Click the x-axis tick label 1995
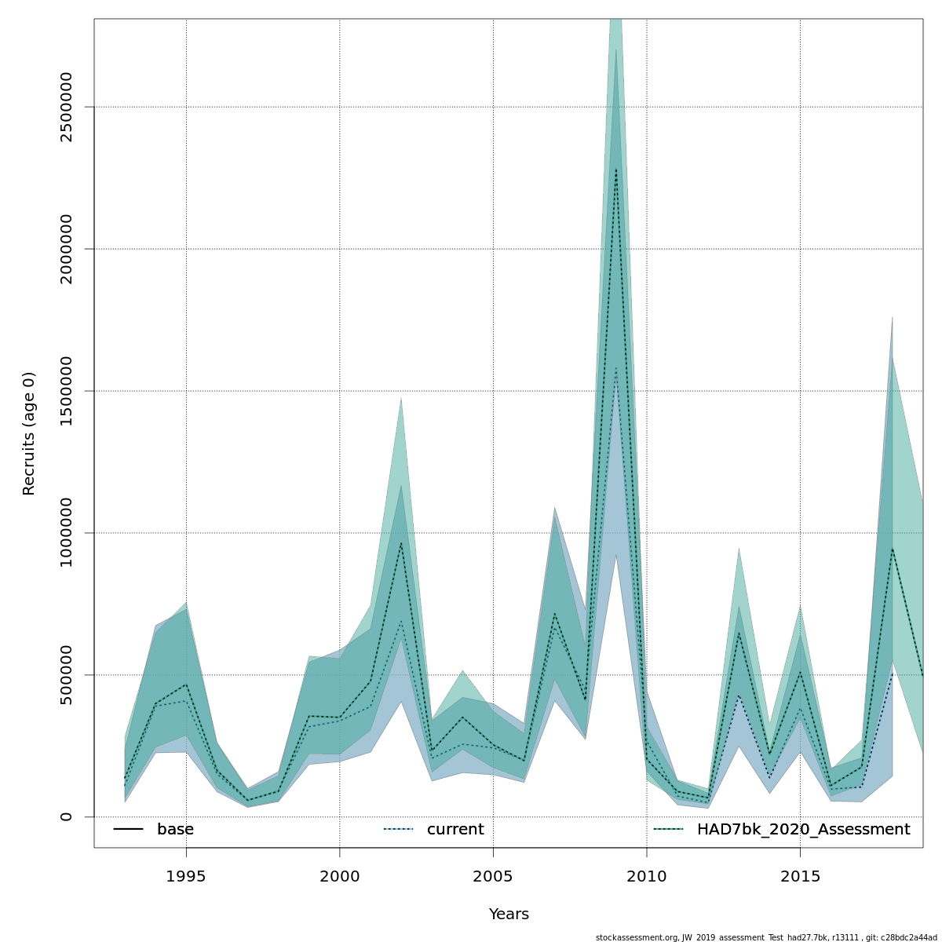(186, 876)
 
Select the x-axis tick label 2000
(339, 876)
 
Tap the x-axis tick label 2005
(493, 876)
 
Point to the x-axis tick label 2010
(647, 876)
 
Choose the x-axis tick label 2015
(800, 876)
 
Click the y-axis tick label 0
(66, 816)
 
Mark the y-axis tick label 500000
(66, 675)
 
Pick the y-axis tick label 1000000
(66, 533)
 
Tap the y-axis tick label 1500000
(66, 391)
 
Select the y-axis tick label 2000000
(66, 249)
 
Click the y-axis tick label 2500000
(66, 107)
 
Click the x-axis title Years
(509, 915)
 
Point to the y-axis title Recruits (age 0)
(29, 433)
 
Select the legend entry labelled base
(175, 830)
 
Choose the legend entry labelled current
(455, 830)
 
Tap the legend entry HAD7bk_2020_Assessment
(803, 830)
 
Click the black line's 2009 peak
(616, 169)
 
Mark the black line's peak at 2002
(401, 542)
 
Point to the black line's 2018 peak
(893, 548)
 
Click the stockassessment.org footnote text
(766, 937)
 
